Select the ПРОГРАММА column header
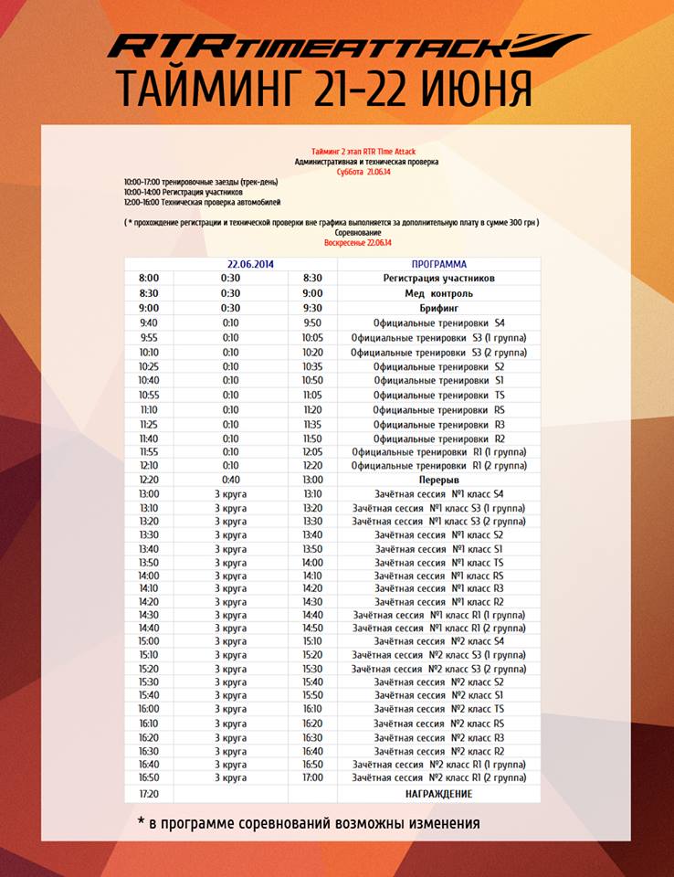438,265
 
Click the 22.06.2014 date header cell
251,265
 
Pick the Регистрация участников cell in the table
438,279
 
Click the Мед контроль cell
438,293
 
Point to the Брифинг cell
438,309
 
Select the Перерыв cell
438,480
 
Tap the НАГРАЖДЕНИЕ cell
438,794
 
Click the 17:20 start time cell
149,794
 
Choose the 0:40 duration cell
230,480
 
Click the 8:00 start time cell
149,279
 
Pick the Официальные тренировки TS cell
438,395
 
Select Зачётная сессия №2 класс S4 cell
438,641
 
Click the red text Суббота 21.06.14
364,172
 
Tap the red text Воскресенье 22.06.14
358,243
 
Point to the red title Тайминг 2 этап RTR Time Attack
364,152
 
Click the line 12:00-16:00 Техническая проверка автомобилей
203,202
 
